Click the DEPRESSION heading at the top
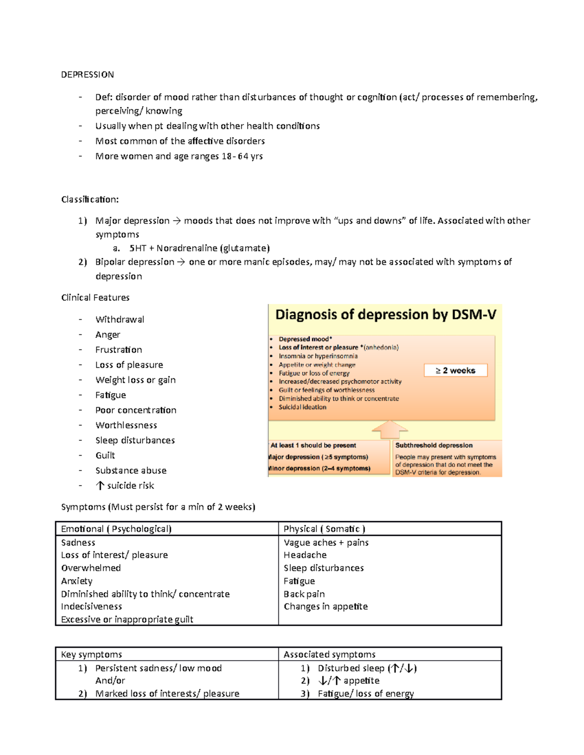pyautogui.click(x=88, y=74)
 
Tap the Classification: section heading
pyautogui.click(x=90, y=199)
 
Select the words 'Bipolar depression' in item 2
pyautogui.click(x=134, y=262)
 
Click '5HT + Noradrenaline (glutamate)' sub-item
pyautogui.click(x=200, y=248)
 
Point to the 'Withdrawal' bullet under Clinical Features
pyautogui.click(x=120, y=319)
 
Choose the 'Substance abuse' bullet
pyautogui.click(x=131, y=470)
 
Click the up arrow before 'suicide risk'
pyautogui.click(x=100, y=485)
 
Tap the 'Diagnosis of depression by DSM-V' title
pyautogui.click(x=385, y=315)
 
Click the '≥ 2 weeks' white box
pyautogui.click(x=455, y=370)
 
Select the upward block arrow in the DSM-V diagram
pyautogui.click(x=389, y=430)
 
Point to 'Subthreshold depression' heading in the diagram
pyautogui.click(x=434, y=445)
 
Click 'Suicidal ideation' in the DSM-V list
pyautogui.click(x=302, y=407)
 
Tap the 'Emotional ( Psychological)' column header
pyautogui.click(x=116, y=529)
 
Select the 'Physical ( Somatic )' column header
pyautogui.click(x=324, y=529)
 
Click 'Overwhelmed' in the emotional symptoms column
pyautogui.click(x=91, y=568)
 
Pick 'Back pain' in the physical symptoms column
pyautogui.click(x=304, y=594)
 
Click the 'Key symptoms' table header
pyautogui.click(x=91, y=654)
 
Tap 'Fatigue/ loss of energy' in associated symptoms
pyautogui.click(x=365, y=694)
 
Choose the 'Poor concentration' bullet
pyautogui.click(x=136, y=410)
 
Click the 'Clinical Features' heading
pyautogui.click(x=95, y=298)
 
